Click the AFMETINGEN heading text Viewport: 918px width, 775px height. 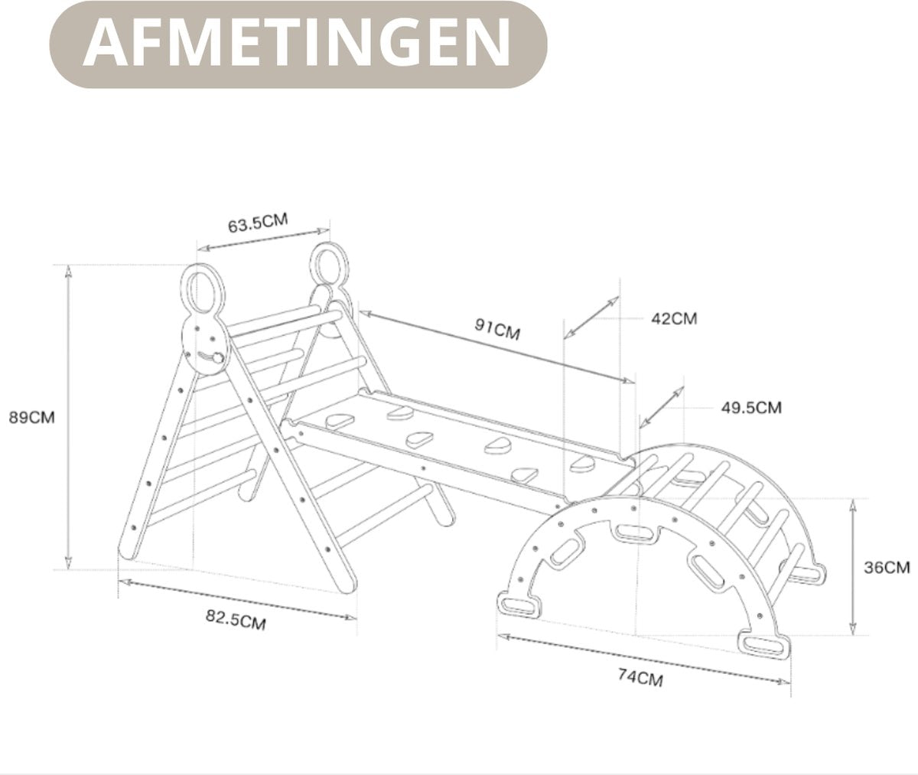[298, 43]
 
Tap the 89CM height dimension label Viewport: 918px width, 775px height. [31, 417]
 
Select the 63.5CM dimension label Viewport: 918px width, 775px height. [258, 222]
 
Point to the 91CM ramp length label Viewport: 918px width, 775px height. [497, 328]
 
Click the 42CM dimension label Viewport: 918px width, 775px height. [674, 318]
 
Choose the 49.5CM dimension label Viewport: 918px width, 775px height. [751, 408]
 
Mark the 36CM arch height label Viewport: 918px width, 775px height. [887, 568]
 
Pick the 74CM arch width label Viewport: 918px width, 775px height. [640, 677]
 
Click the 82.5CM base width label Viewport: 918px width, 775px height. [236, 620]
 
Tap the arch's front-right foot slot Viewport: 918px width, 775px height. [763, 645]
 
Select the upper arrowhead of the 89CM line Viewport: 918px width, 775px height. [68, 272]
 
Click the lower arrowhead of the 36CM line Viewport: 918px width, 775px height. [853, 629]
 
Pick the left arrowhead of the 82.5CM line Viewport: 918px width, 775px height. [125, 582]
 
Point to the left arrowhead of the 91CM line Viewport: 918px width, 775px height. [366, 313]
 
